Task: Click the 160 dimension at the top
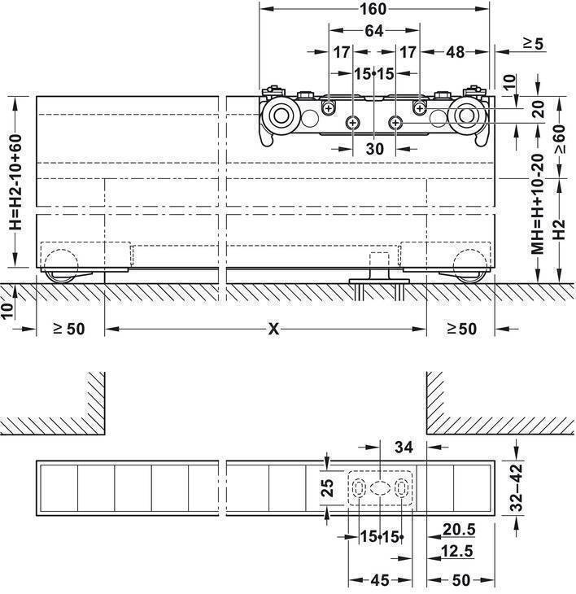pos(373,9)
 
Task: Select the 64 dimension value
pos(374,31)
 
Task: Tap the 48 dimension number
pos(456,52)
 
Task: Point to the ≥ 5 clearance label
pos(534,44)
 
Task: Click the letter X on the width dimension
pos(273,330)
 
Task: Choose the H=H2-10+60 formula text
pos(16,181)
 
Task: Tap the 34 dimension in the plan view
pos(404,448)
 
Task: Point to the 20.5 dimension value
pos(459,529)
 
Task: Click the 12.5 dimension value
pos(457,551)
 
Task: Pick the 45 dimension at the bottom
pos(380,580)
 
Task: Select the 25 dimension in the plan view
pos(328,488)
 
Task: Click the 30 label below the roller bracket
pos(375,149)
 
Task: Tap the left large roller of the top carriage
pos(281,116)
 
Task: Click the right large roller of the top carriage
pos(466,116)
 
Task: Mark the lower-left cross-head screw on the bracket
pos(353,122)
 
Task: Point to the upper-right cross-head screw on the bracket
pos(419,109)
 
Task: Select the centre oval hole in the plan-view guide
pos(379,487)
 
